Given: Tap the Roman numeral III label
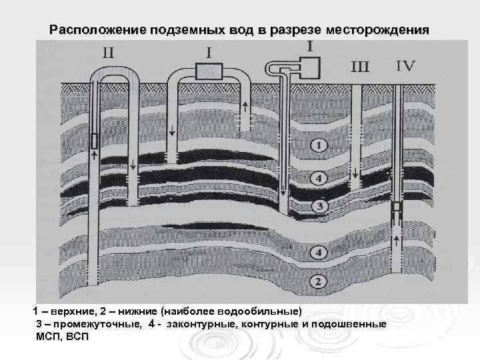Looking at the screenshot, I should pyautogui.click(x=360, y=66).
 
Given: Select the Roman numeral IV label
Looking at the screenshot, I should pyautogui.click(x=405, y=65).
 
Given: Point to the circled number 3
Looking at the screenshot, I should pyautogui.click(x=319, y=207).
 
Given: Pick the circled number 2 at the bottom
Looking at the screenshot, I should pyautogui.click(x=319, y=282).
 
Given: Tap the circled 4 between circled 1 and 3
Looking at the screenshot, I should pyautogui.click(x=319, y=179).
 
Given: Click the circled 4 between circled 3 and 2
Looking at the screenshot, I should pyautogui.click(x=319, y=253).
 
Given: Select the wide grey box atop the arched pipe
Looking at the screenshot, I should pyautogui.click(x=209, y=70).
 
